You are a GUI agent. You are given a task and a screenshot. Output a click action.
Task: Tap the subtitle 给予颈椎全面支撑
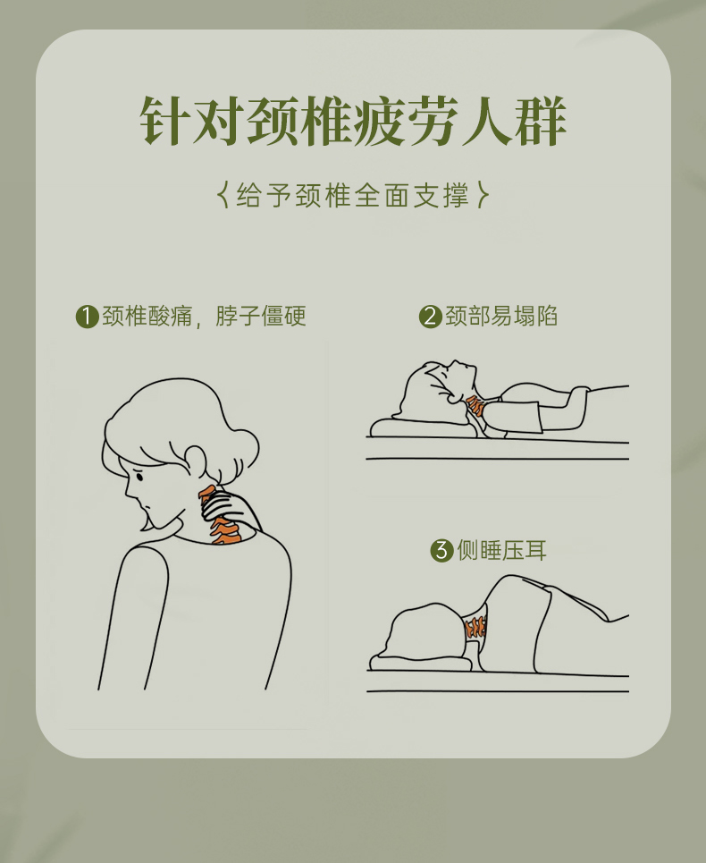point(353,195)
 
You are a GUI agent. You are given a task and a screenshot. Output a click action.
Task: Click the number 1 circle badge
point(87,317)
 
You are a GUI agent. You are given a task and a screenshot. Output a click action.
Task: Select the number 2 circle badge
point(431,317)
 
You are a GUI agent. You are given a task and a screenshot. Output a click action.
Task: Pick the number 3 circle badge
point(441,550)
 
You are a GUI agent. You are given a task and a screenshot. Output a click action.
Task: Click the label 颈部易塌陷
point(501,317)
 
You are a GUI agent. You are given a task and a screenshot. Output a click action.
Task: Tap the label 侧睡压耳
point(502,550)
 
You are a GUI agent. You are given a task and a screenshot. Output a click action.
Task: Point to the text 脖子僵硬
point(260,317)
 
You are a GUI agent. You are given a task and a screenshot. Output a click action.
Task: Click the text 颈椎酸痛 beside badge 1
point(147,317)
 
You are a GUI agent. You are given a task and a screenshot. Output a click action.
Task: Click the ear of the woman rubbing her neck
point(195,461)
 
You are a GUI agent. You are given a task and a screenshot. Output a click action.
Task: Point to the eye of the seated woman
point(139,475)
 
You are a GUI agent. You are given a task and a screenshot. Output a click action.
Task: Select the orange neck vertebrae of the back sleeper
point(476,406)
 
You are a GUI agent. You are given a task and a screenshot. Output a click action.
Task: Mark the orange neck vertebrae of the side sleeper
point(475,627)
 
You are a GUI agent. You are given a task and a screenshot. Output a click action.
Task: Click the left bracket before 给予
point(223,195)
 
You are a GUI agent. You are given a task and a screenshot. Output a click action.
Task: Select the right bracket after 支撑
point(483,195)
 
